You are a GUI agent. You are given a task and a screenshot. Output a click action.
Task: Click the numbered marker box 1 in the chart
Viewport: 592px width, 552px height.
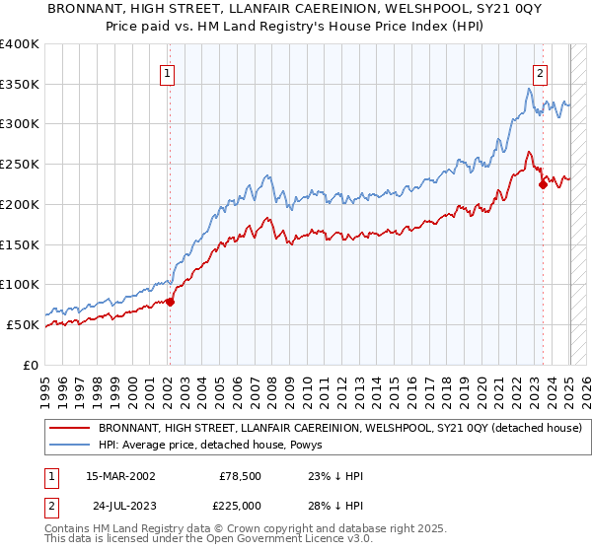click(167, 72)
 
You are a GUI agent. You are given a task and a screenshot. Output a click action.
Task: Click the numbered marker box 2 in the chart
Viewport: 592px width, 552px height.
click(541, 72)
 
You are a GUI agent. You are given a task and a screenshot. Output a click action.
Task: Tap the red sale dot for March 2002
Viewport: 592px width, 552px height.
click(170, 302)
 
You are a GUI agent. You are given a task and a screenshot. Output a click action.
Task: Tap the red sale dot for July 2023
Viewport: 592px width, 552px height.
click(543, 183)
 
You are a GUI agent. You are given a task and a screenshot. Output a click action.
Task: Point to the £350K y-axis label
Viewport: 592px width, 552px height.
click(20, 85)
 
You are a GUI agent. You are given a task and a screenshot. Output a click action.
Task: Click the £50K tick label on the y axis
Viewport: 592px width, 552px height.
click(24, 324)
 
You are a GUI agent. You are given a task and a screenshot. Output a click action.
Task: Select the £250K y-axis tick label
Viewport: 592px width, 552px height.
click(20, 165)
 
